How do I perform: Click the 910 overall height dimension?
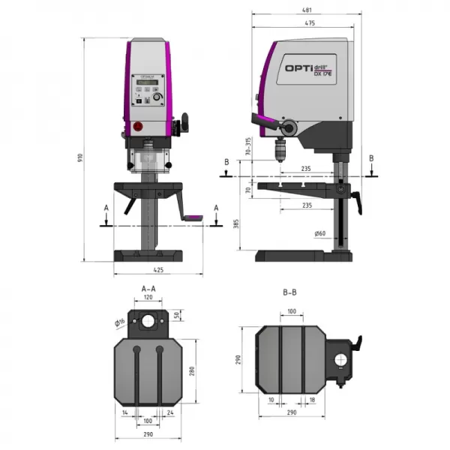[x=80, y=157]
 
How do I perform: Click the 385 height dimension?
[x=238, y=223]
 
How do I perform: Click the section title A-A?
[x=148, y=288]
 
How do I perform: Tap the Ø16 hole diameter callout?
[x=119, y=323]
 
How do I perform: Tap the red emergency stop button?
[x=137, y=127]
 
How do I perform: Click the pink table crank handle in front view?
[x=194, y=218]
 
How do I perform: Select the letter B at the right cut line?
[x=370, y=158]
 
